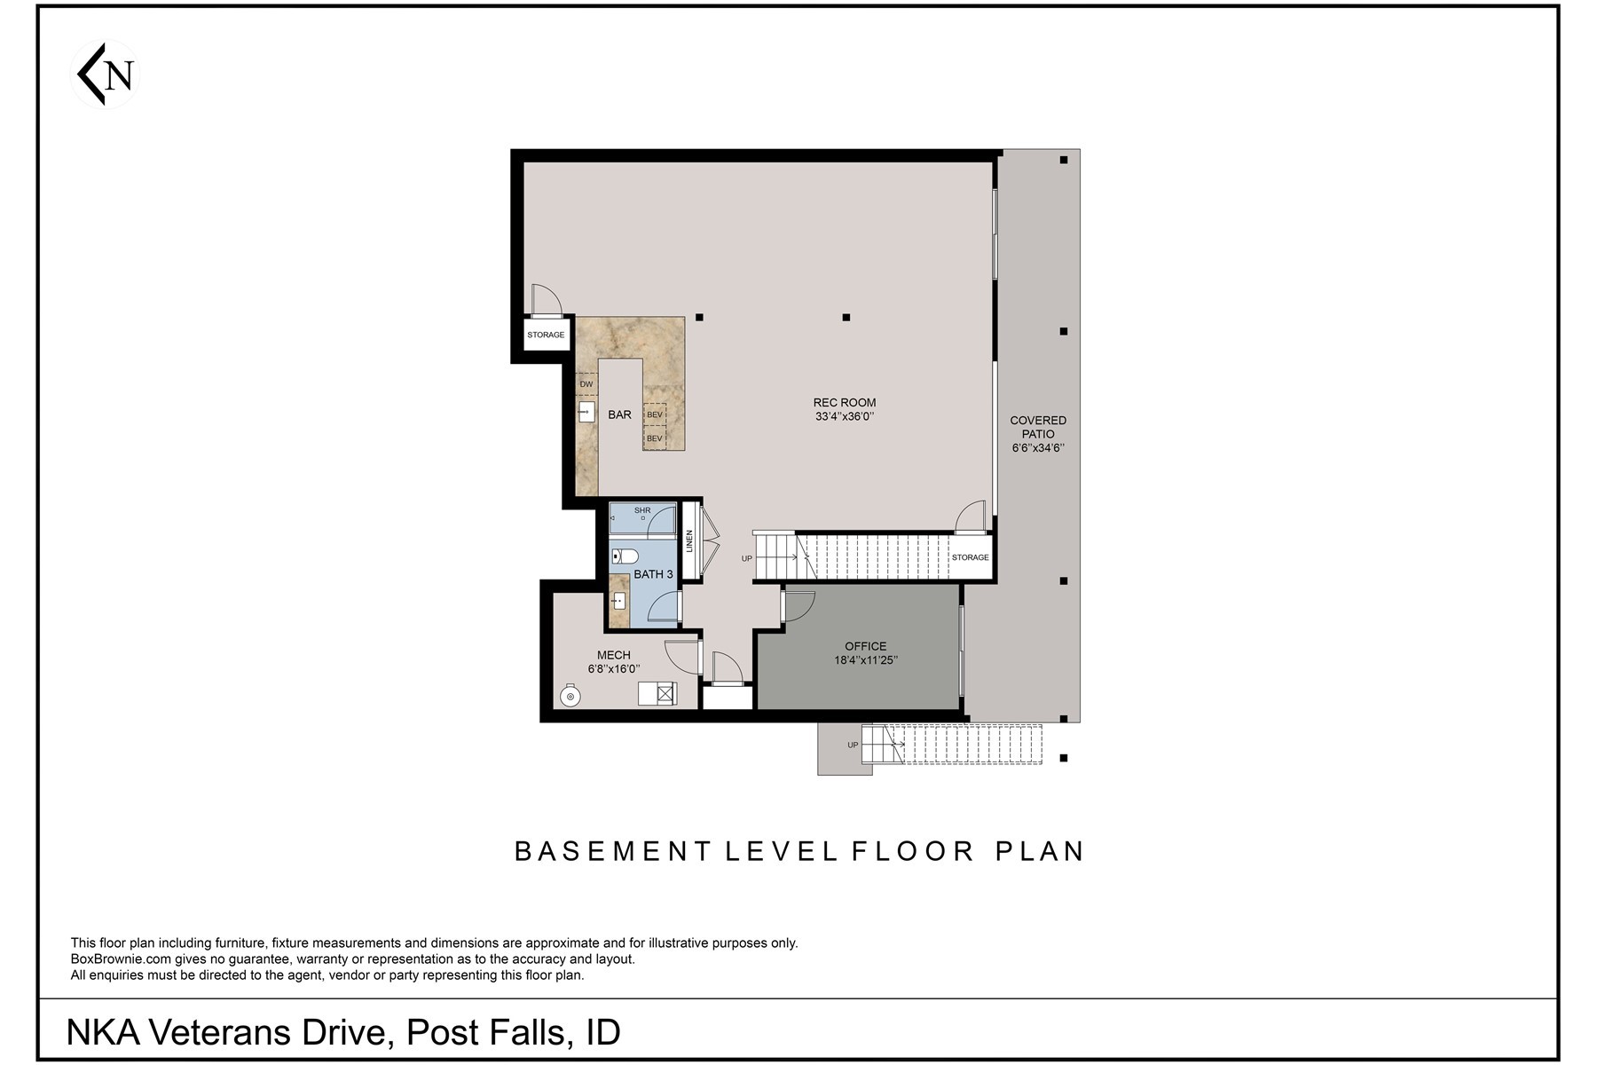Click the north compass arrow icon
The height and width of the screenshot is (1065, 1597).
(105, 75)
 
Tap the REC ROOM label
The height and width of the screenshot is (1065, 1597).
(844, 403)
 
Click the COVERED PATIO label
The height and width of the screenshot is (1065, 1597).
(1037, 427)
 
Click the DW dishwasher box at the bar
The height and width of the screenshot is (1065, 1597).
(586, 384)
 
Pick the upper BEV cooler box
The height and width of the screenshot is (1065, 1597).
(655, 414)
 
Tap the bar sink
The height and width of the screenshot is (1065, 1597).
(586, 412)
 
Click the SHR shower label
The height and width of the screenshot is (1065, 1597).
(642, 510)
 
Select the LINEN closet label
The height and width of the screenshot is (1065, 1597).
(689, 541)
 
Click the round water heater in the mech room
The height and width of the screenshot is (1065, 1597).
(570, 697)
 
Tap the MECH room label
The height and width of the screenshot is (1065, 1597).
(613, 656)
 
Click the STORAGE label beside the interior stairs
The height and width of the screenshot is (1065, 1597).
(970, 557)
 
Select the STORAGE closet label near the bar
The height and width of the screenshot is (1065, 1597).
(546, 335)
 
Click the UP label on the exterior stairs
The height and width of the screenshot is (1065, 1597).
(853, 745)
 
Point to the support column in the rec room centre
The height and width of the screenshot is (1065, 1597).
(846, 317)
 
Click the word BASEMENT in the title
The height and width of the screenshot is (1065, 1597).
(613, 851)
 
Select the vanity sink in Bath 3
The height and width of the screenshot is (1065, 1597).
(618, 601)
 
